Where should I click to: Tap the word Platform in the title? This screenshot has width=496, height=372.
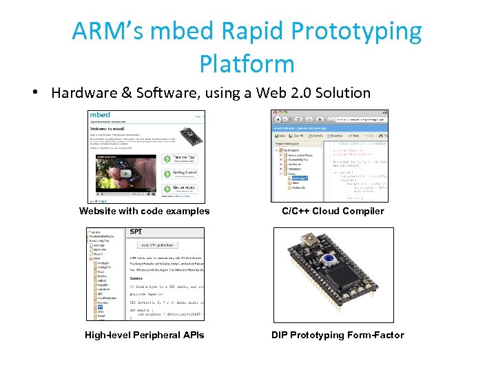[247, 63]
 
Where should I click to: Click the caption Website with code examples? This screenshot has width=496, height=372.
[144, 211]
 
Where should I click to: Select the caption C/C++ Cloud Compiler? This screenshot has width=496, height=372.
[333, 211]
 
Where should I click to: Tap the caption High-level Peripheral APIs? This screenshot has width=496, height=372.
[144, 335]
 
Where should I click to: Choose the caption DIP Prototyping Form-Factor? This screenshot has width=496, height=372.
[338, 335]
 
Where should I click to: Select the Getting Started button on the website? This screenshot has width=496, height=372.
[181, 174]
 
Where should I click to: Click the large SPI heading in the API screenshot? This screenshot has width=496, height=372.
[136, 232]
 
